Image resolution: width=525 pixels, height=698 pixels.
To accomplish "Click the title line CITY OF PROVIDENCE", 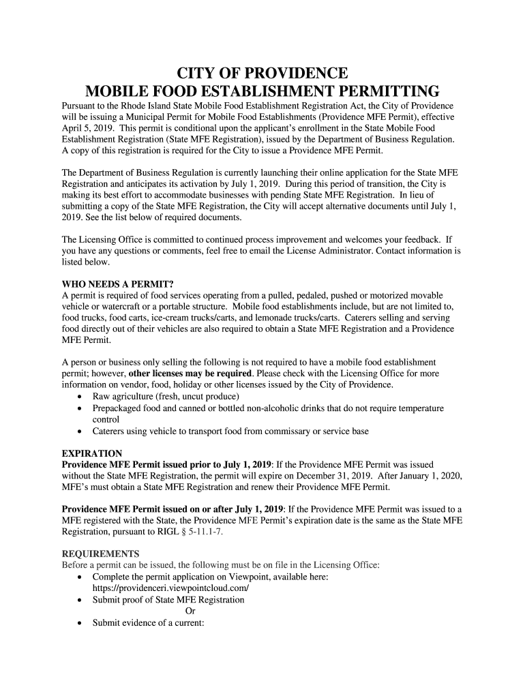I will click(262, 74).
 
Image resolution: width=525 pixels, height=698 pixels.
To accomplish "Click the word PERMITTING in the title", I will click(380, 92).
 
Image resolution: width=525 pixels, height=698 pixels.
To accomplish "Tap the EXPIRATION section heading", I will click(92, 454).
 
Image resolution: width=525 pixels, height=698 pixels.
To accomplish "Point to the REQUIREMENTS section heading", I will click(100, 553).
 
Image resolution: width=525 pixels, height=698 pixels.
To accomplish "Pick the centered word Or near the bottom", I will click(190, 611).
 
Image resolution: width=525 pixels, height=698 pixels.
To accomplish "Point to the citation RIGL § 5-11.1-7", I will click(190, 531).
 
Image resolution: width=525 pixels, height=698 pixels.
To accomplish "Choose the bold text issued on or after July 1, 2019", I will click(224, 509).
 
